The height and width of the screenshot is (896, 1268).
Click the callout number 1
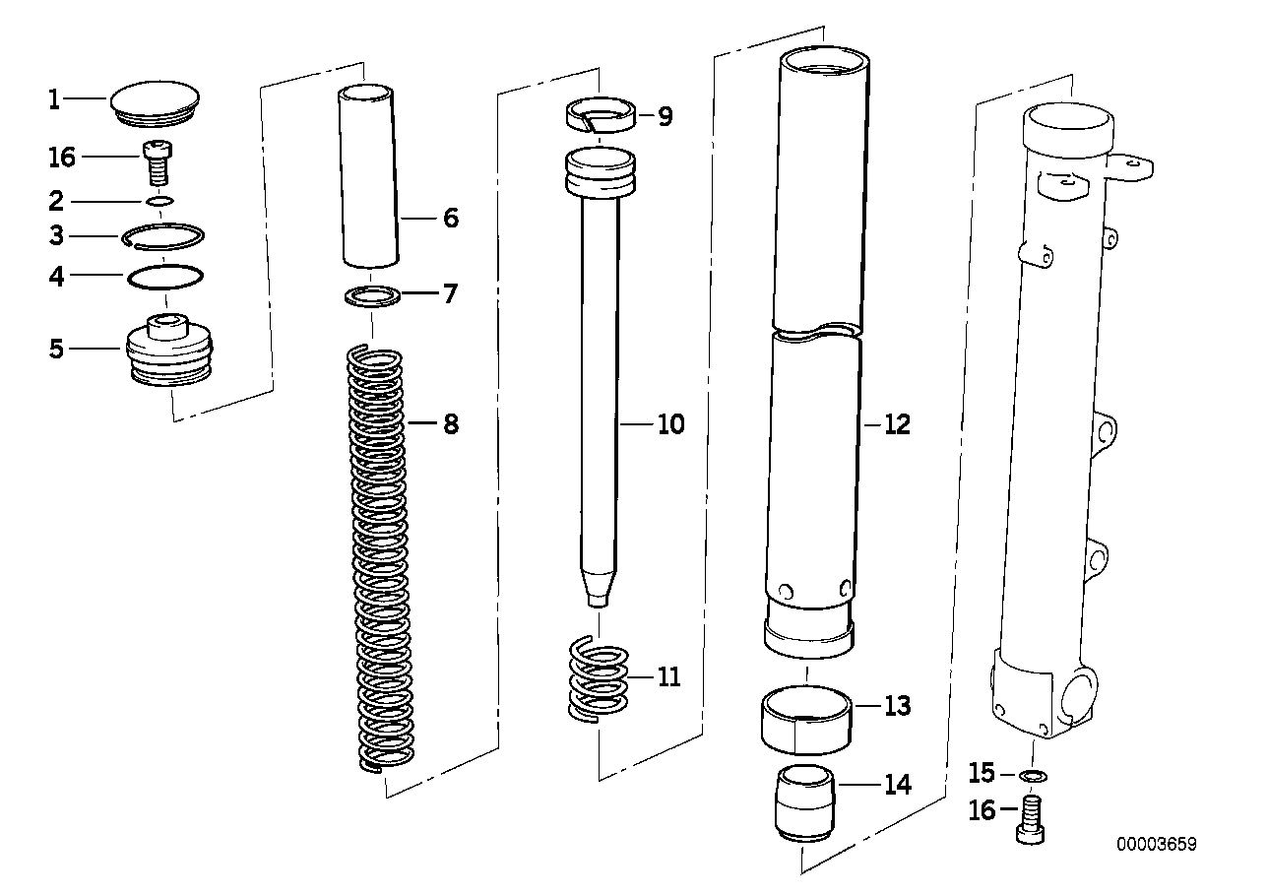coord(55,99)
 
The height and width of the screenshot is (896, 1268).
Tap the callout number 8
coord(450,424)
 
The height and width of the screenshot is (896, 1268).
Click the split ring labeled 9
coord(602,117)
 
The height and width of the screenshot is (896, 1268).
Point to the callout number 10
coord(670,424)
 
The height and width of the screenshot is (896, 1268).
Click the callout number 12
coord(897,424)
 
